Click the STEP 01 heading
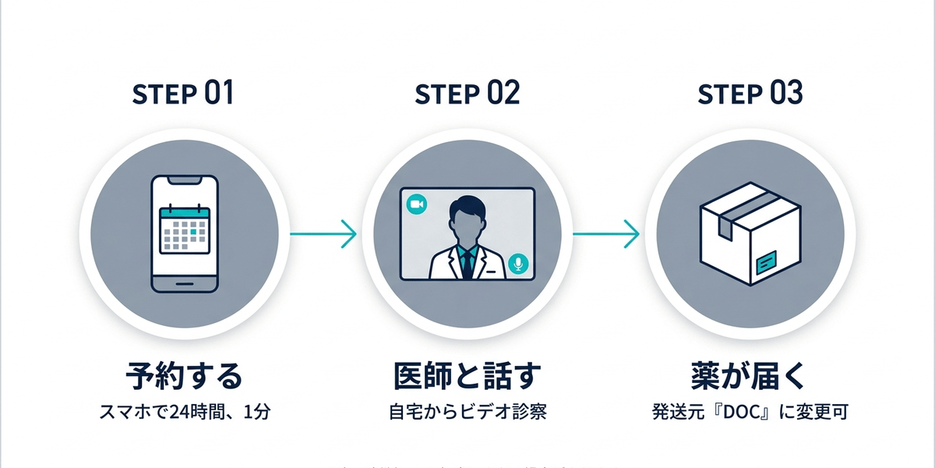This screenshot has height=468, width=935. (x=183, y=95)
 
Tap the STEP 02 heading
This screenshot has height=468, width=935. (x=467, y=95)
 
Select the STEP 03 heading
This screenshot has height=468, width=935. (x=750, y=95)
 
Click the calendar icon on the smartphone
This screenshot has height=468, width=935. (x=185, y=230)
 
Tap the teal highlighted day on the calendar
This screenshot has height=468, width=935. (x=193, y=232)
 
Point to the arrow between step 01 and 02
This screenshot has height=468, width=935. (x=323, y=233)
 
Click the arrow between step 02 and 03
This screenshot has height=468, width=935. (x=606, y=233)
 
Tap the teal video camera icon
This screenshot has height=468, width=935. (x=417, y=204)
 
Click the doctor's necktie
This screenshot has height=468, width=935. (x=467, y=264)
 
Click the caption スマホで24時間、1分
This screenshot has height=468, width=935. (x=184, y=412)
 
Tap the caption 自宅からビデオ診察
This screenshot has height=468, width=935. (x=467, y=412)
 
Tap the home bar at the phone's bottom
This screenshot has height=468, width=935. (x=184, y=282)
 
